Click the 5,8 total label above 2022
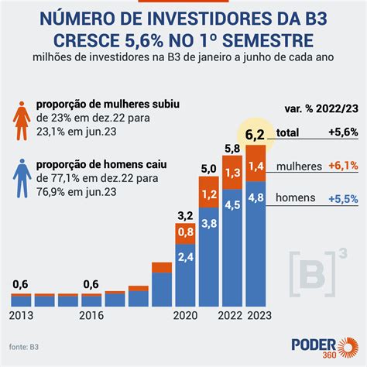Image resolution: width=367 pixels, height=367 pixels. click(x=232, y=148)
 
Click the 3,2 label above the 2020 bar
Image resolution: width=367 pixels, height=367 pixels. click(x=184, y=214)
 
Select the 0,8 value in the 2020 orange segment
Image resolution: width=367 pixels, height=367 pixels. click(x=184, y=232)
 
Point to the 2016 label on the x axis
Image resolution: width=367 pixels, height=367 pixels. click(x=92, y=316)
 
